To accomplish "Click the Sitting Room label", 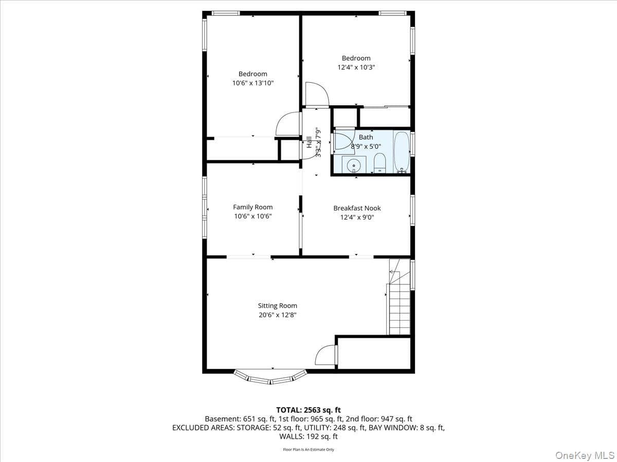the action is (x=278, y=305).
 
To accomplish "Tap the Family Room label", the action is (x=252, y=207).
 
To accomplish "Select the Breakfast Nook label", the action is (x=357, y=208).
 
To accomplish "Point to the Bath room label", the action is (x=366, y=137).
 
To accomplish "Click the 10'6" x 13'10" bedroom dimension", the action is (x=252, y=83).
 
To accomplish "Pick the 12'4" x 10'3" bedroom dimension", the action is (x=356, y=67).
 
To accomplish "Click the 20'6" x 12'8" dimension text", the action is (x=278, y=315).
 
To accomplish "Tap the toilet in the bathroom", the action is (x=379, y=163).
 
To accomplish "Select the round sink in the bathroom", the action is (x=354, y=165).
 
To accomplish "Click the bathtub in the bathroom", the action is (x=402, y=152).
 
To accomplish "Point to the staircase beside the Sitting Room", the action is (x=399, y=297).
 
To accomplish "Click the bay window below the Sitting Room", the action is (x=270, y=377).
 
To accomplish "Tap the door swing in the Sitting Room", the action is (x=325, y=355).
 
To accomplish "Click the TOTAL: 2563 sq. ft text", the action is (x=308, y=410).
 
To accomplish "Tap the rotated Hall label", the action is (x=309, y=142).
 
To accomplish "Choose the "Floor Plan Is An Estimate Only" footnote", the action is (x=308, y=450).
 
